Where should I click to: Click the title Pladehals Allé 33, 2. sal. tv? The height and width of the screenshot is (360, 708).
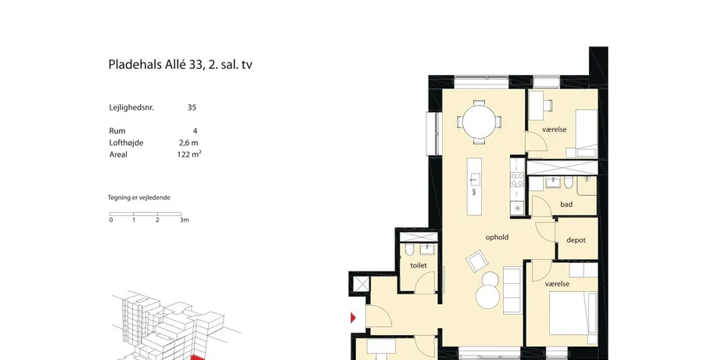(180, 65)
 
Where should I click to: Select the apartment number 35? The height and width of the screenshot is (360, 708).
(192, 107)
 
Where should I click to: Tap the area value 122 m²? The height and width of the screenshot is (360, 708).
(189, 154)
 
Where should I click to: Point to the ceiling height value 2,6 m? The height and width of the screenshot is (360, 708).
(189, 142)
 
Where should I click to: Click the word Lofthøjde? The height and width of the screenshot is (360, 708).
(127, 142)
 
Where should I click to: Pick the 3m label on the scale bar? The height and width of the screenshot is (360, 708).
(184, 220)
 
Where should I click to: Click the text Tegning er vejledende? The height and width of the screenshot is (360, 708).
(138, 197)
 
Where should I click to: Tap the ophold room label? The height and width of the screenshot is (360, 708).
(497, 237)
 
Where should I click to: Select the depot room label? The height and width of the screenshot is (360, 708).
(576, 240)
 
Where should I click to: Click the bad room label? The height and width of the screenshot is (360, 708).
(566, 204)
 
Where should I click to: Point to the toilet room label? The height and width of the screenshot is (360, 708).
(419, 265)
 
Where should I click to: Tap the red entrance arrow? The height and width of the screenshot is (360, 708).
(353, 318)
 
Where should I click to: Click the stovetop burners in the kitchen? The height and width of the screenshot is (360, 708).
(517, 179)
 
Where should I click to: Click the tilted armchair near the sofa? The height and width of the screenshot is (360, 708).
(476, 261)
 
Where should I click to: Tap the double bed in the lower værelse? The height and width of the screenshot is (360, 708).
(573, 312)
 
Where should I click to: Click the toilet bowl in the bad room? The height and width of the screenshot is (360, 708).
(569, 182)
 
